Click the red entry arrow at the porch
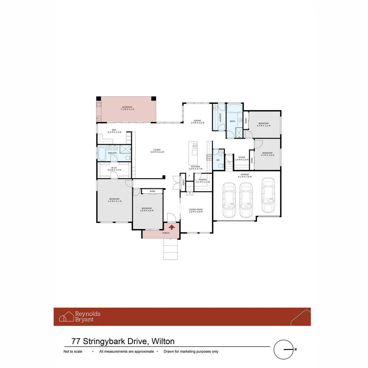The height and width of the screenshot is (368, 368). coord(172,226)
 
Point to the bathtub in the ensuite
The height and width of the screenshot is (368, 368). coord(102,153)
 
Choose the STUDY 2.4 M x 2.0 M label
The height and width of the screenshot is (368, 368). coord(242,158)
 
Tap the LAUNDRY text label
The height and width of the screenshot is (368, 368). coord(220,118)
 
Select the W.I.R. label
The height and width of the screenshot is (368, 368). coord(114,169)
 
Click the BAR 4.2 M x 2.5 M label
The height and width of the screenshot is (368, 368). coord(114,131)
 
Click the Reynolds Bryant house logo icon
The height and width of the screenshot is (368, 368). coord(66,317)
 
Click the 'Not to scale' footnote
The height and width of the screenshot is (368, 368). coord(73,352)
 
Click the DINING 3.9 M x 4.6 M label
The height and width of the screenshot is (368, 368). coord(197,121)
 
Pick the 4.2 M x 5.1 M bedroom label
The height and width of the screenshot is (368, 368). coord(114,200)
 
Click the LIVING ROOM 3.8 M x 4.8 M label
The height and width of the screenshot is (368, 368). coord(196,211)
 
